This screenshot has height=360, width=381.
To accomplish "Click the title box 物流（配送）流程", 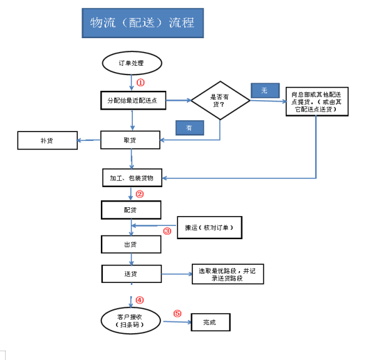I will tap(142, 24).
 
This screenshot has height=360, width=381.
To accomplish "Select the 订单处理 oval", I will tap(132, 63).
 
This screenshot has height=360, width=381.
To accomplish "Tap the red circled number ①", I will tap(141, 82).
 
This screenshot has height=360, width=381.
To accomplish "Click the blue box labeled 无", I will tap(265, 90).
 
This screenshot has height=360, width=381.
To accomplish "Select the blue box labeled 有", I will tap(190, 127).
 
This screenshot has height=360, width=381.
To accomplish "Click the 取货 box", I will tap(131, 140).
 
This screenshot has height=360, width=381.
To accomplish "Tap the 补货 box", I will tap(47, 140).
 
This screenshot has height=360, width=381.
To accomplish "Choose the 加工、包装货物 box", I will tap(131, 178).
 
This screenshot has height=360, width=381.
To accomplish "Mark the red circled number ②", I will tap(140, 195).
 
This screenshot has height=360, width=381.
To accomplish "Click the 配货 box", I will tap(131, 209).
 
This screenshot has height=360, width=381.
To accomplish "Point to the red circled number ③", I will tap(167, 231).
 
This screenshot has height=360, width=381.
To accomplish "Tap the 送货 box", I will tap(131, 274).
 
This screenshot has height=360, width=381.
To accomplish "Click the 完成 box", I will tap(209, 322).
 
